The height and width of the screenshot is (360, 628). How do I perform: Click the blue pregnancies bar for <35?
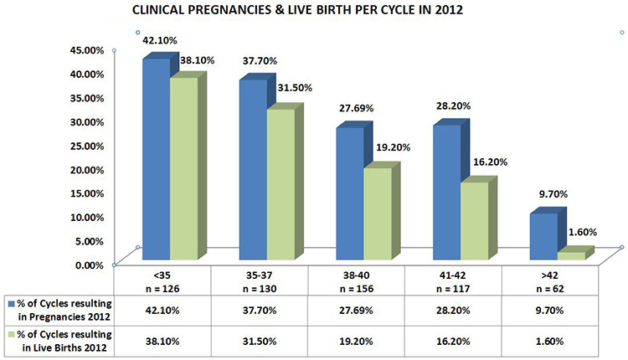coord(157,159)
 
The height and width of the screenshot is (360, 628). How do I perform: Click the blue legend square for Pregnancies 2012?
coord(9,302)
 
